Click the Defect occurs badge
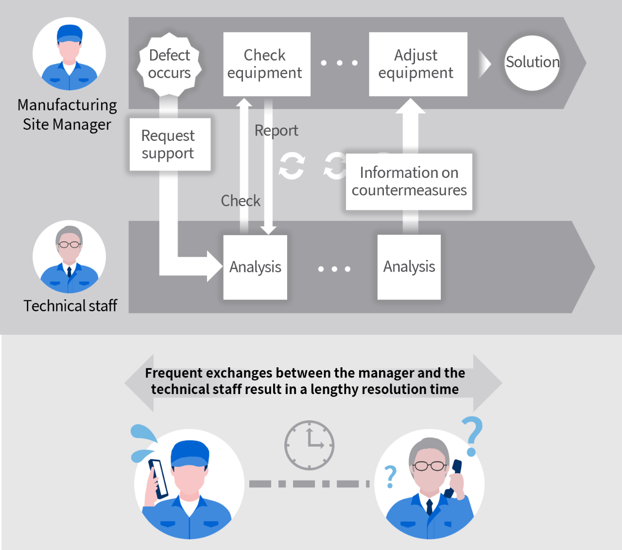(170, 64)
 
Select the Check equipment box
(266, 64)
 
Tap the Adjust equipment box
(418, 64)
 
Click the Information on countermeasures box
(409, 182)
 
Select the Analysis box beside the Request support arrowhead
(255, 267)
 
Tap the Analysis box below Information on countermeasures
(409, 267)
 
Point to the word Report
(276, 131)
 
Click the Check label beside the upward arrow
(241, 201)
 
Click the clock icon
(309, 445)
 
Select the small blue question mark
(390, 477)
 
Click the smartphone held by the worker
(158, 479)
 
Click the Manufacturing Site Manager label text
(67, 115)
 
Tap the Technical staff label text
(70, 306)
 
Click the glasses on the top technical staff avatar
(69, 244)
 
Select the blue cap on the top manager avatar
(69, 34)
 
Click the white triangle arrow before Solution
(484, 64)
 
